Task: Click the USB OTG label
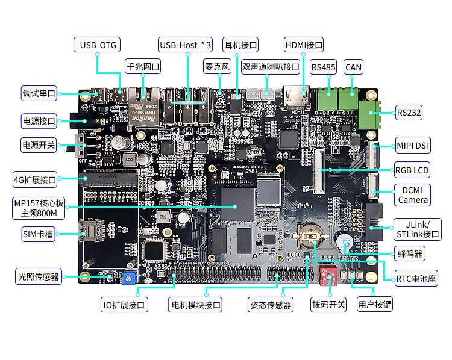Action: point(98,45)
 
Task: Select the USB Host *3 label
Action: point(186,45)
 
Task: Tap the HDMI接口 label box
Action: point(304,45)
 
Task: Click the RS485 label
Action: point(323,67)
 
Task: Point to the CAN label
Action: point(353,67)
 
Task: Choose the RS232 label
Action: point(409,112)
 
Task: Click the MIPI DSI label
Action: point(413,146)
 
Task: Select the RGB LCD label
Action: point(412,170)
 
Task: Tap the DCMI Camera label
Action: point(413,195)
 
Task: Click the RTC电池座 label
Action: point(416,279)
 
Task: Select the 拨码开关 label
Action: point(328,305)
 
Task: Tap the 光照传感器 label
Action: point(38,276)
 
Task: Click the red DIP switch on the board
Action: point(330,276)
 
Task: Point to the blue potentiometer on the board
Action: point(128,278)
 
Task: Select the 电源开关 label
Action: point(39,145)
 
